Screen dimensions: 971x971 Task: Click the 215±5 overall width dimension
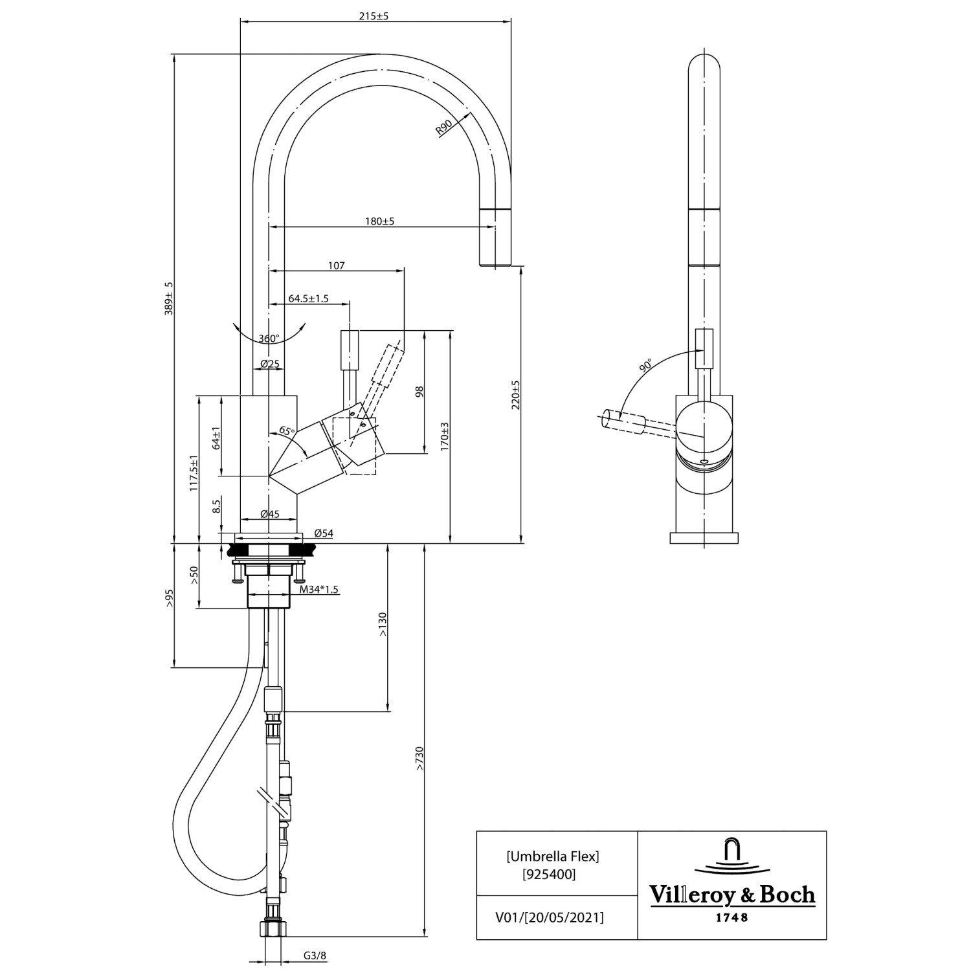click(x=374, y=16)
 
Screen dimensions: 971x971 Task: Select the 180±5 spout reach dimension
click(x=379, y=221)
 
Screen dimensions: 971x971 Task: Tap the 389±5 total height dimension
click(x=169, y=298)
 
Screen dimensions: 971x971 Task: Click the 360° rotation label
click(x=269, y=339)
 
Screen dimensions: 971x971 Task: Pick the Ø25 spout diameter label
click(x=270, y=364)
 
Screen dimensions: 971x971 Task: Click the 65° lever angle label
click(x=287, y=430)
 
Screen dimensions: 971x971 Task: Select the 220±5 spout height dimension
click(x=515, y=394)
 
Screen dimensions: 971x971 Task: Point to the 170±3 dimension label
click(x=444, y=436)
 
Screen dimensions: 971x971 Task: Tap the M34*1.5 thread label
click(x=319, y=590)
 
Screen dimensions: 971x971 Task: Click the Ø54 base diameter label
click(x=323, y=533)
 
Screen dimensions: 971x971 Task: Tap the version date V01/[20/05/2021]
click(x=549, y=917)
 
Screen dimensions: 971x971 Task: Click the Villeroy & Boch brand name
click(x=731, y=895)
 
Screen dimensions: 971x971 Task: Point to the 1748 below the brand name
click(x=731, y=917)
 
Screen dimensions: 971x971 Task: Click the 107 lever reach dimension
click(x=337, y=265)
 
